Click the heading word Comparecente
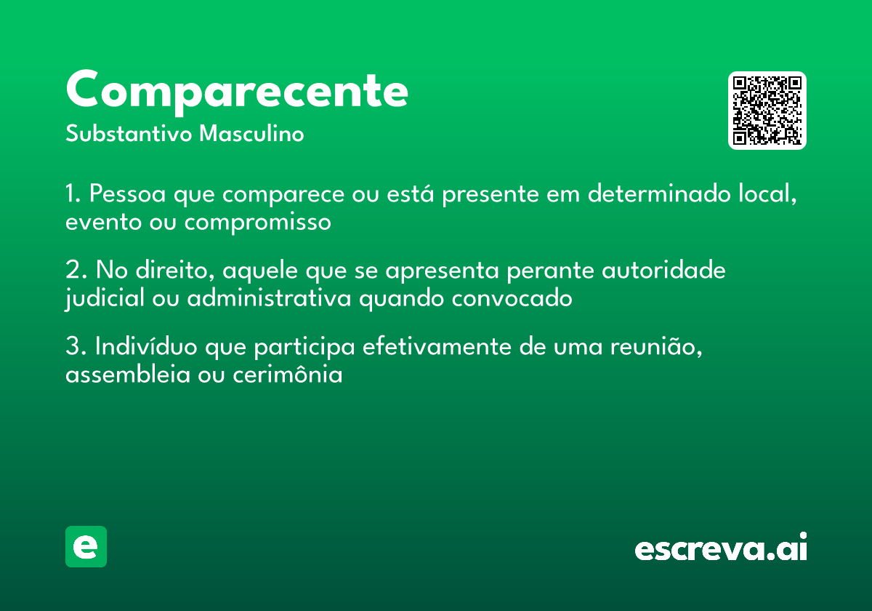pyautogui.click(x=237, y=90)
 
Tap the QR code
pyautogui.click(x=767, y=111)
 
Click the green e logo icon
pyautogui.click(x=86, y=546)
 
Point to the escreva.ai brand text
pyautogui.click(x=721, y=548)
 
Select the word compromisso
pyautogui.click(x=257, y=222)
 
